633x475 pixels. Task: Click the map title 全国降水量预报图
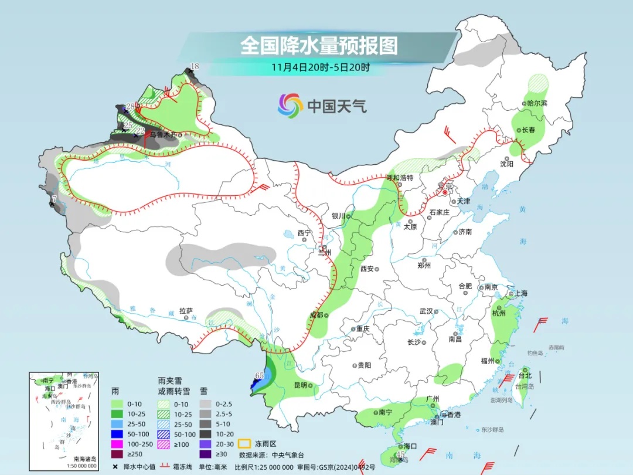pos(319,45)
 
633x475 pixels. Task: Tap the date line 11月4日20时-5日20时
pos(320,67)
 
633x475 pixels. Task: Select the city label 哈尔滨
pos(536,103)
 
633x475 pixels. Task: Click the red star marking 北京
pos(445,192)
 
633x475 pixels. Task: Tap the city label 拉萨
pos(186,311)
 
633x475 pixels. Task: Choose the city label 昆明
pos(300,385)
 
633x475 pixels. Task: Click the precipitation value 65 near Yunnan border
pos(260,375)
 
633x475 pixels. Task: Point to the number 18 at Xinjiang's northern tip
pos(195,66)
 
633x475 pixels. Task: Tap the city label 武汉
pos(426,311)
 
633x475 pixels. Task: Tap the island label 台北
pos(525,376)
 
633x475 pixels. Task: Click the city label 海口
pos(410,446)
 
